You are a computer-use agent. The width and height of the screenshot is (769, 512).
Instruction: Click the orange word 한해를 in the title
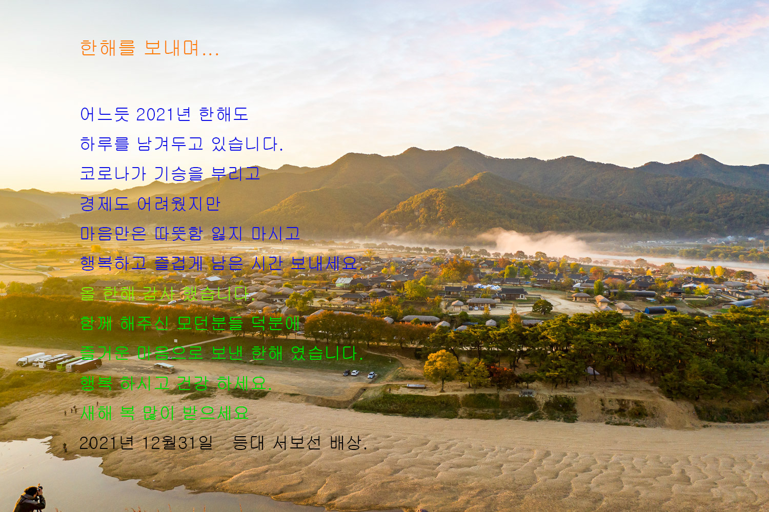pos(108,48)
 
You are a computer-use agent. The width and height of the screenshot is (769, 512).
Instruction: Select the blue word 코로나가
pos(113,174)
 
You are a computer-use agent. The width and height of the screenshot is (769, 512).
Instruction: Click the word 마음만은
pos(113,234)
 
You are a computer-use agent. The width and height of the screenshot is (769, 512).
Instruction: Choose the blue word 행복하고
pos(113,263)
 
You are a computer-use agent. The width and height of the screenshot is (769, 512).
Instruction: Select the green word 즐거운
pos(105,353)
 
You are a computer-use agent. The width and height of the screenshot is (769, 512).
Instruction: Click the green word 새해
pos(96,413)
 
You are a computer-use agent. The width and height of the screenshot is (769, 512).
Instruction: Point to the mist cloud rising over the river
pos(533,241)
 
